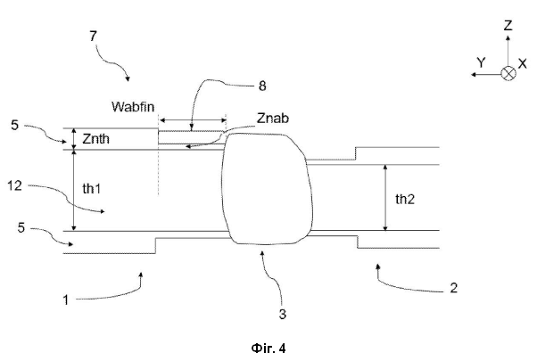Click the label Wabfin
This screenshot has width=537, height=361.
[133, 107]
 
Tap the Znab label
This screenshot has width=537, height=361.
[273, 118]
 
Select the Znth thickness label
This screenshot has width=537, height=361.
[96, 138]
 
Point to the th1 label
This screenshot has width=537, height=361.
[92, 188]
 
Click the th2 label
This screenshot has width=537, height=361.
[405, 199]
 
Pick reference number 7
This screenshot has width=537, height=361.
[94, 36]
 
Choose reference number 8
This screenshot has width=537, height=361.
[262, 86]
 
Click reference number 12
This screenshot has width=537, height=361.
[15, 185]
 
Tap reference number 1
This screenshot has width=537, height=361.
[65, 300]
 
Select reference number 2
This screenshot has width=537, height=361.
[453, 288]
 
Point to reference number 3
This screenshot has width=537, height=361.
[283, 314]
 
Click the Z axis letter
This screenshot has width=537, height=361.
[508, 26]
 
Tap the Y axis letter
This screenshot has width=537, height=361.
[481, 62]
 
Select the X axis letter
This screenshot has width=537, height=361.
[523, 63]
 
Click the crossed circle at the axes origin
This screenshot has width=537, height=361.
[508, 74]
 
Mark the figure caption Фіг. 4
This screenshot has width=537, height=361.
[268, 348]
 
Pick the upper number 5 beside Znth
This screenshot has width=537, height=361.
[14, 126]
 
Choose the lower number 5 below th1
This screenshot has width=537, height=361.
[21, 227]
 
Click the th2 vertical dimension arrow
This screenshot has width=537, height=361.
[385, 198]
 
